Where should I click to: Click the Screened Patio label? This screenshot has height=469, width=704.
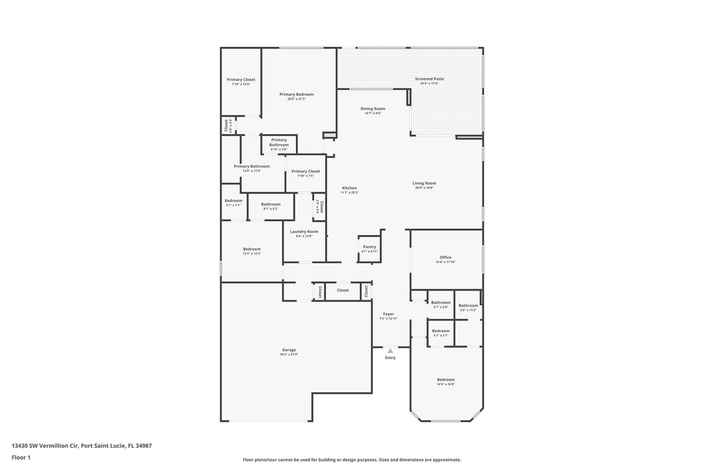(x=429, y=79)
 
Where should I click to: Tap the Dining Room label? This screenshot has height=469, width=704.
(x=373, y=109)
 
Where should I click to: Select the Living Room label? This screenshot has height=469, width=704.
(x=424, y=183)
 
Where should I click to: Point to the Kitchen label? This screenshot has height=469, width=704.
(x=349, y=188)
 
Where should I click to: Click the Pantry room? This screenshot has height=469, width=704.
(x=370, y=249)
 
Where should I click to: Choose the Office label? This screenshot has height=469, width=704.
(x=445, y=257)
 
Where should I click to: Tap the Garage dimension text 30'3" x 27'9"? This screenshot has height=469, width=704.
(x=289, y=354)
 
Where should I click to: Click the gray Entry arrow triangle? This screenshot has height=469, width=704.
(x=390, y=350)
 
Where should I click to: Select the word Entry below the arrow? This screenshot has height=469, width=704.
(x=390, y=358)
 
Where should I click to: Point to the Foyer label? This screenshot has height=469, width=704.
(x=389, y=314)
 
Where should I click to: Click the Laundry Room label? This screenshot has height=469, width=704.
(x=304, y=231)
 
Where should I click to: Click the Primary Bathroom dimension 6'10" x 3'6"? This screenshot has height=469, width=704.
(x=279, y=149)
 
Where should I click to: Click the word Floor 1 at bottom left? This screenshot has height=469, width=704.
(x=21, y=457)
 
